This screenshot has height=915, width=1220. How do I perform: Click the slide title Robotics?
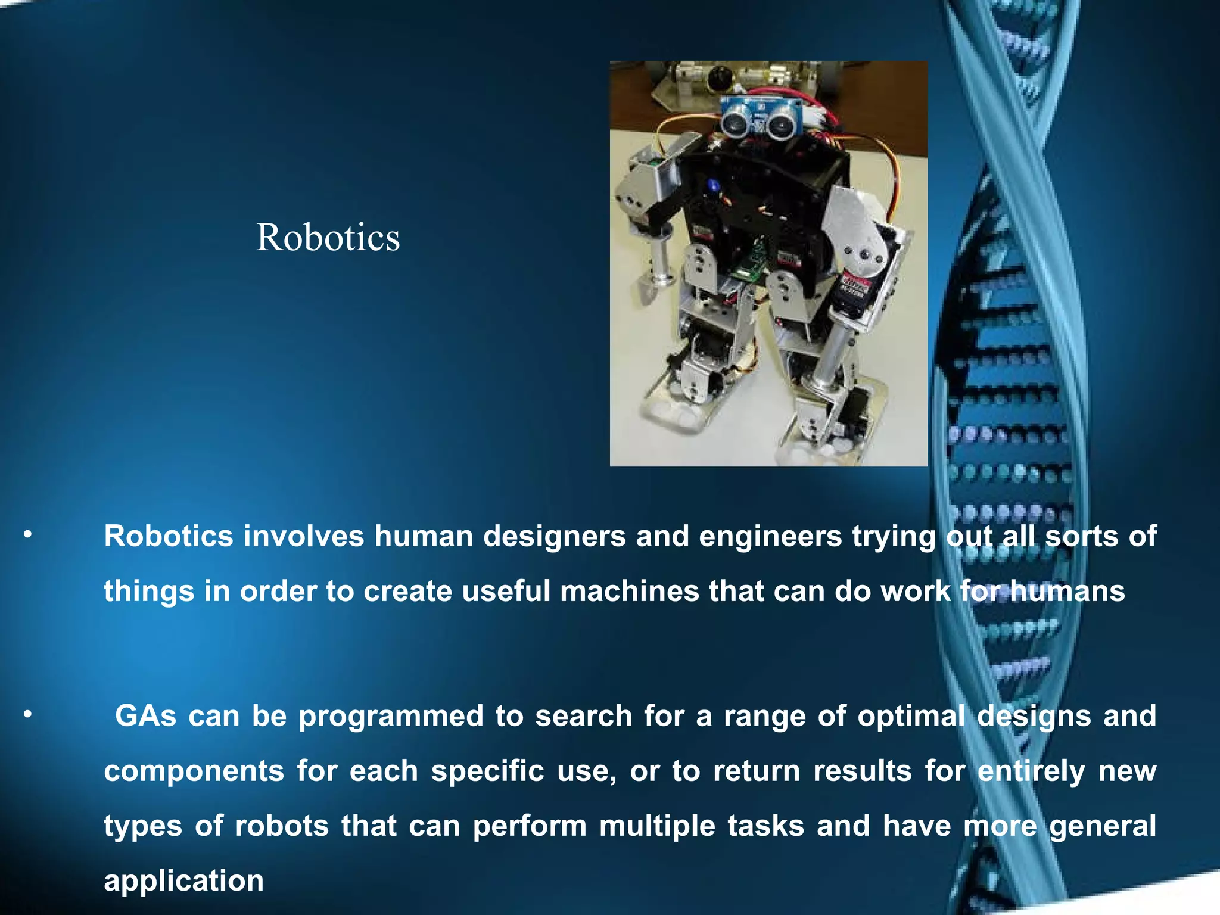coord(328,237)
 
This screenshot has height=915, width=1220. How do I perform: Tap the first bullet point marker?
coord(27,536)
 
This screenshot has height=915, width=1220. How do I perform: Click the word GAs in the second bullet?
coord(145,715)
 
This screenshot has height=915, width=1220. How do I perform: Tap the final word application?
coord(183,881)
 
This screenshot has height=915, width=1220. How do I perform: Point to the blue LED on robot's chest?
coord(713,185)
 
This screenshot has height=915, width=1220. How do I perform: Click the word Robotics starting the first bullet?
coord(168,536)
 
